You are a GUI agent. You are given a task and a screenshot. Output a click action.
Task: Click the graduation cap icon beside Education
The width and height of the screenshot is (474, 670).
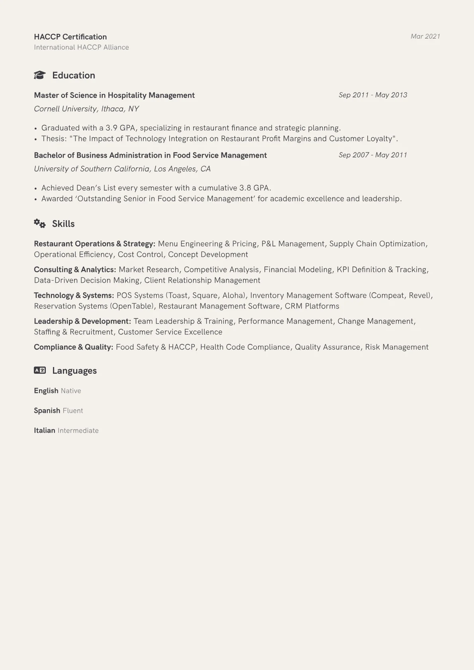click(40, 75)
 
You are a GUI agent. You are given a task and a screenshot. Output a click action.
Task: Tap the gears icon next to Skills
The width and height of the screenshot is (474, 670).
click(40, 223)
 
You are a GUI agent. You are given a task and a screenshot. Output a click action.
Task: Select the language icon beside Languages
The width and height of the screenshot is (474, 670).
click(40, 370)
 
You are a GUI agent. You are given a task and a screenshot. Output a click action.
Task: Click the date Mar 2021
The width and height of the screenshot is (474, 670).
click(425, 37)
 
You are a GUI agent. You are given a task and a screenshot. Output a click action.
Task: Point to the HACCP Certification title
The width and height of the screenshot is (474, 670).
click(70, 37)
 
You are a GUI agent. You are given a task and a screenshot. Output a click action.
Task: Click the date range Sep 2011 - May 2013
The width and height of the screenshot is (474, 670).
click(373, 95)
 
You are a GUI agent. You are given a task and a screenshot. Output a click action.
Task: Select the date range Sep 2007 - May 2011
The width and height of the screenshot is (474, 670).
click(373, 155)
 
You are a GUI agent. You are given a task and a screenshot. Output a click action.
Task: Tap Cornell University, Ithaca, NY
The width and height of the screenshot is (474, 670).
click(86, 109)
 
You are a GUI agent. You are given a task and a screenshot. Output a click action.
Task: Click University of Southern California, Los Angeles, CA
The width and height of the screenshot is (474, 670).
click(122, 169)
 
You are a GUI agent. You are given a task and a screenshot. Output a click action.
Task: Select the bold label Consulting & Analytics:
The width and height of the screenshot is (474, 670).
click(75, 270)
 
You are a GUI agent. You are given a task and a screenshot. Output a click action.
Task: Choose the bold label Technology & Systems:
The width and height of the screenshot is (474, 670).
click(74, 296)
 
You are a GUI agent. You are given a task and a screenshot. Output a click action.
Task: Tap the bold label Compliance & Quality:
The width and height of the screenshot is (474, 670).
click(73, 347)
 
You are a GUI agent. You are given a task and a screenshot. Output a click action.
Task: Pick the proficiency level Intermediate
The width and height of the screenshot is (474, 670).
click(78, 431)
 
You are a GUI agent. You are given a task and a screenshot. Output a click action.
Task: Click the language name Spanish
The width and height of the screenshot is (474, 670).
click(47, 411)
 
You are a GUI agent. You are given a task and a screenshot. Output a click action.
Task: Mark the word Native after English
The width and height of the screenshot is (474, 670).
click(71, 391)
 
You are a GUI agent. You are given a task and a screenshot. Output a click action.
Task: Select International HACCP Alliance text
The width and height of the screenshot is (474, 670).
click(81, 47)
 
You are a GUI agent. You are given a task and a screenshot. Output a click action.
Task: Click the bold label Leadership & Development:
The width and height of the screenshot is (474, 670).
click(82, 322)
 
